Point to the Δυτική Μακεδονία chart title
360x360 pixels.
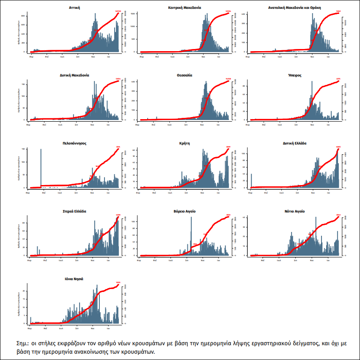click(x=74, y=75)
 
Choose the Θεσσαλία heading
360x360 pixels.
click(x=184, y=75)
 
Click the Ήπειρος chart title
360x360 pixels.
click(x=294, y=75)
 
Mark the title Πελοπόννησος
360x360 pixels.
click(x=74, y=143)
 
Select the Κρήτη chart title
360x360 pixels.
click(x=184, y=143)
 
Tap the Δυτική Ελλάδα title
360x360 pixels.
click(x=294, y=143)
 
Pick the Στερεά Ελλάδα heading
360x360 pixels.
click(x=74, y=211)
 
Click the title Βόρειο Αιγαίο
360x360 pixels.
click(x=184, y=211)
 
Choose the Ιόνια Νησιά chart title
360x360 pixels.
click(x=74, y=279)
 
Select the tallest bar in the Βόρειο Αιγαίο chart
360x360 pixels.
click(x=191, y=237)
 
